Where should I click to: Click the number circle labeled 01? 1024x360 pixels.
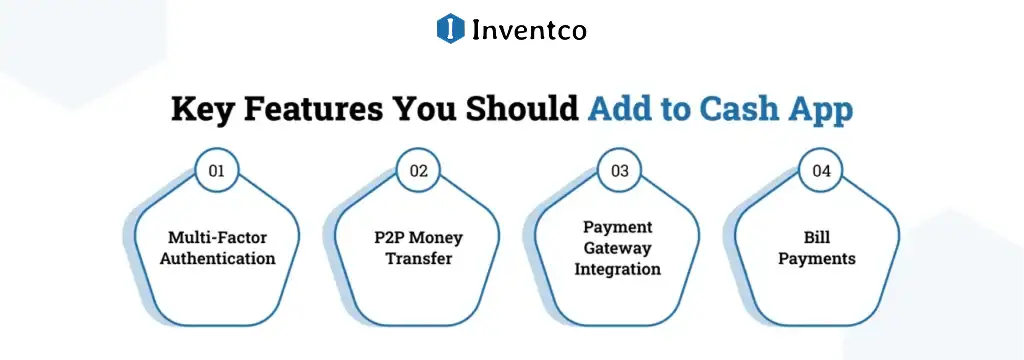click(x=217, y=171)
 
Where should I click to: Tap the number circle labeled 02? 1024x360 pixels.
click(x=418, y=171)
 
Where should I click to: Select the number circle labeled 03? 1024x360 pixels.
click(x=620, y=171)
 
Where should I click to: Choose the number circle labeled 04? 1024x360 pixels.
click(x=821, y=171)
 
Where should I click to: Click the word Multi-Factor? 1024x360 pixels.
click(x=217, y=238)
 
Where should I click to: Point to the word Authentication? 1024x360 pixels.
click(x=217, y=258)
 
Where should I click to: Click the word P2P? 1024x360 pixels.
click(x=390, y=238)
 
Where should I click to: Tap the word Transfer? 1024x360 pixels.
click(x=418, y=258)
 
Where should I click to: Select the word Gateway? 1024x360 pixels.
click(x=619, y=248)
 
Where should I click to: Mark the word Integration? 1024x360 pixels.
click(x=619, y=269)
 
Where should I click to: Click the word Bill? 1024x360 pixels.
click(x=821, y=238)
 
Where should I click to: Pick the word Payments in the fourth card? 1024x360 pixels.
click(x=821, y=258)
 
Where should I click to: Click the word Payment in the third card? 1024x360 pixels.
click(x=619, y=227)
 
